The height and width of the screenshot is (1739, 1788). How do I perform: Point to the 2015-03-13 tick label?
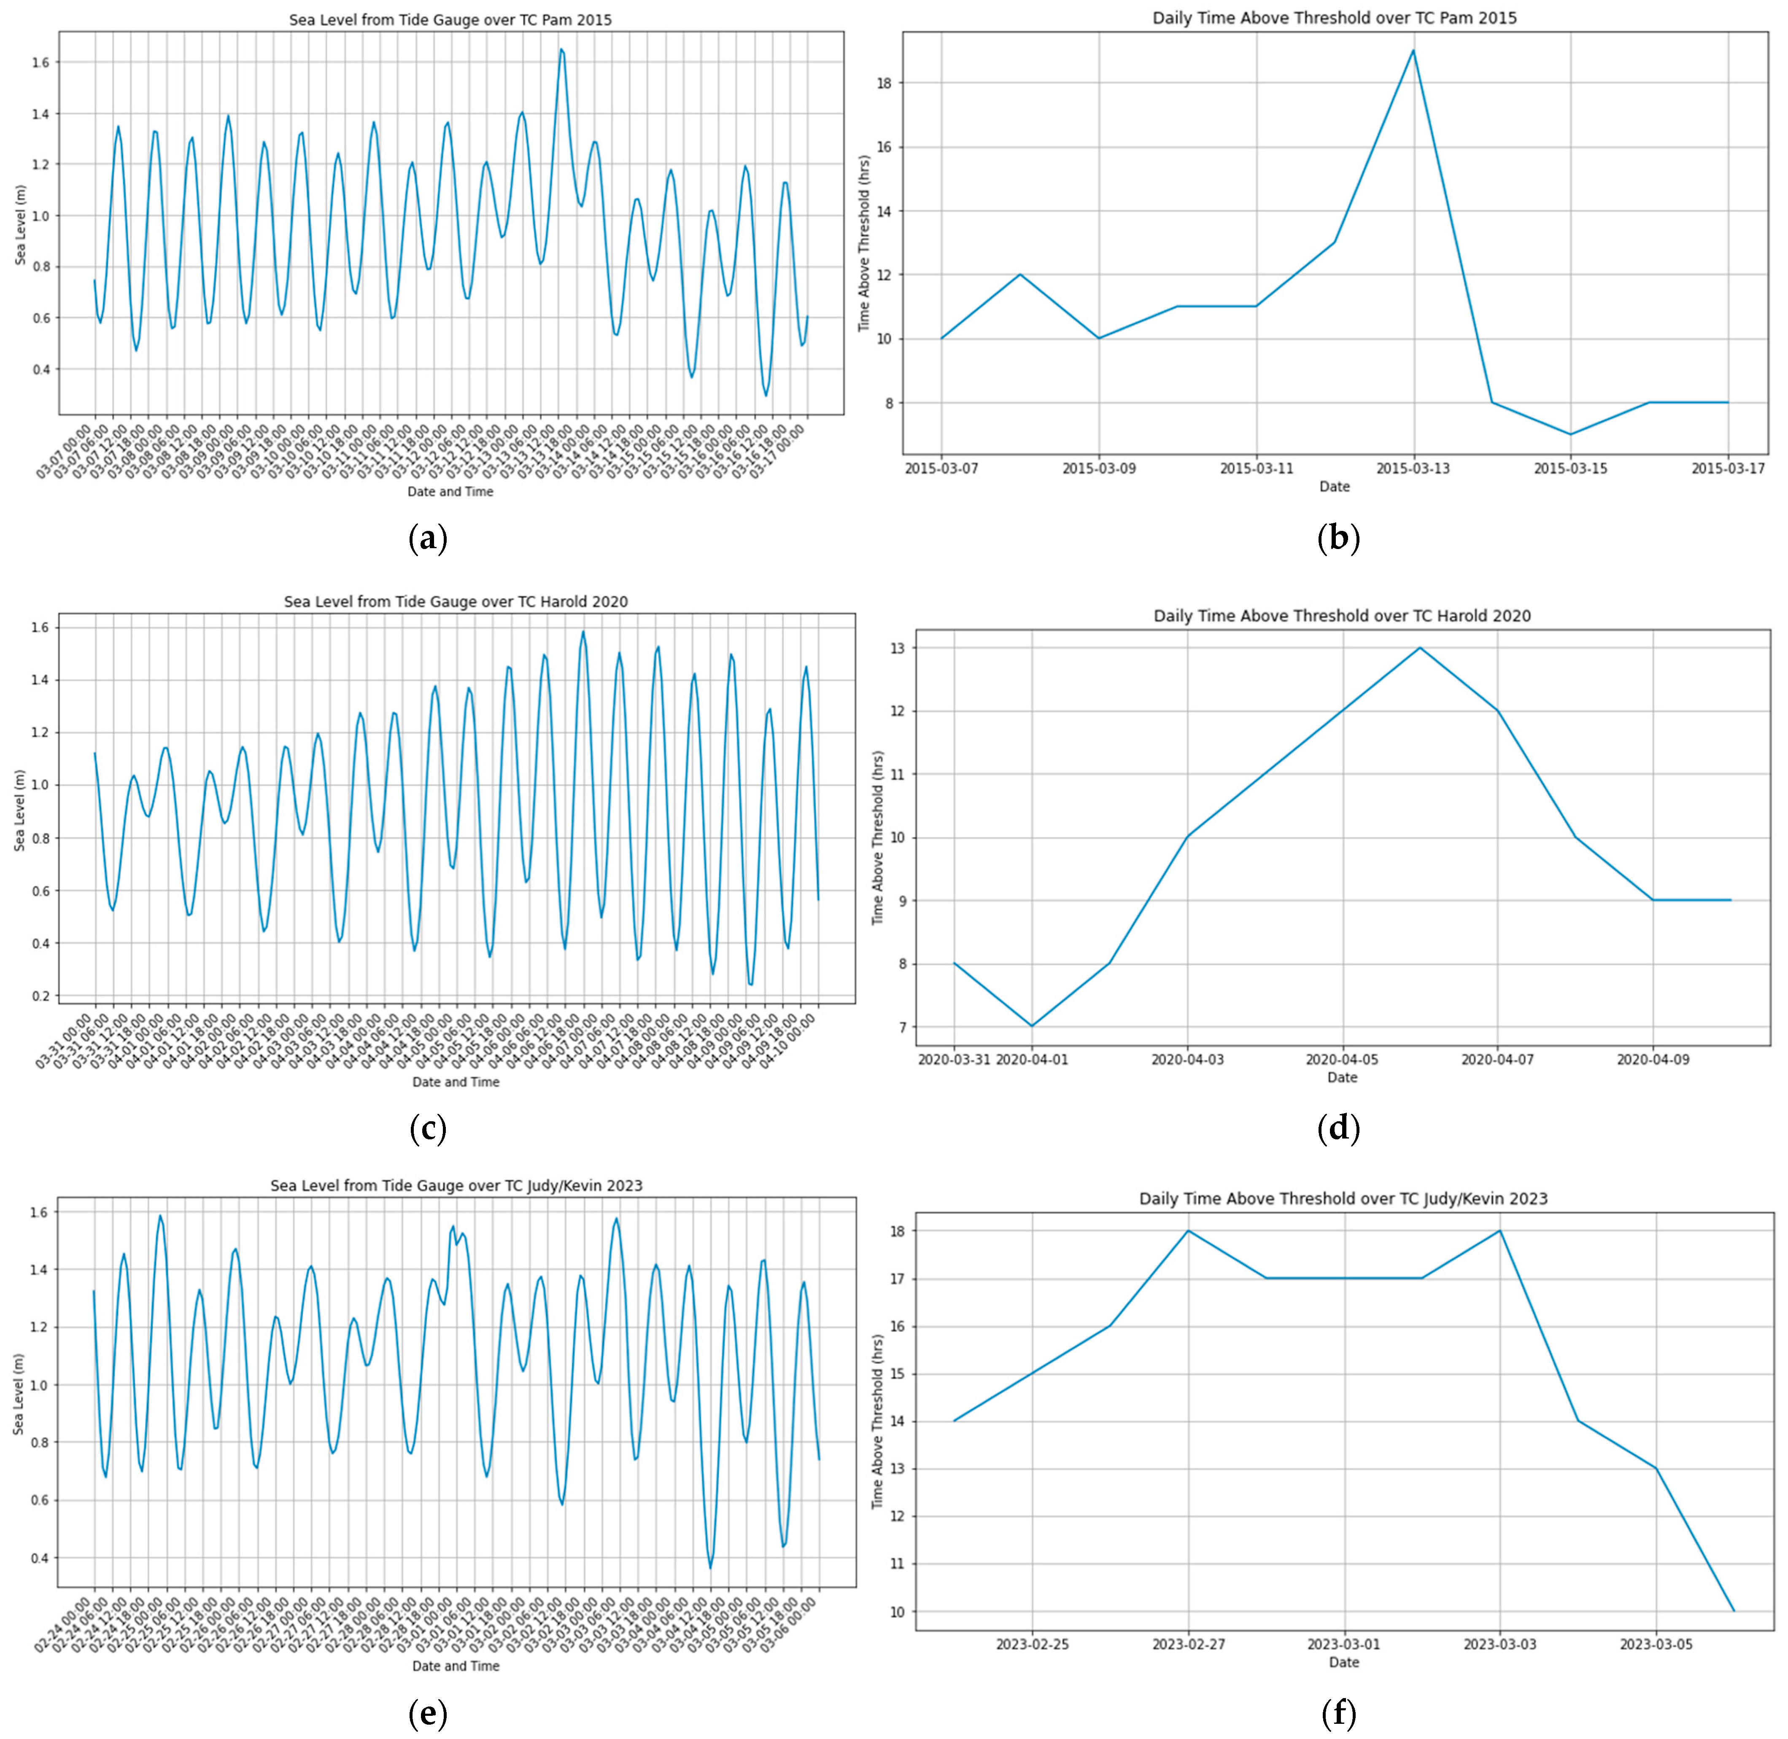[1413, 468]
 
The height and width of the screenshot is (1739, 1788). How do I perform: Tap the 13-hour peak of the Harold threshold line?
[1420, 648]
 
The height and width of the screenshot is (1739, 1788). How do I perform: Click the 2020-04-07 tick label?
[1497, 1060]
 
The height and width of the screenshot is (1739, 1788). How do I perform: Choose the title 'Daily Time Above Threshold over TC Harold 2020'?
[1341, 616]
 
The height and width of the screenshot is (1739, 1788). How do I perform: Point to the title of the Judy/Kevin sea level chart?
[456, 1185]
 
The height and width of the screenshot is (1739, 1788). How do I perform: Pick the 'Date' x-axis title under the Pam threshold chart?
[1334, 487]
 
